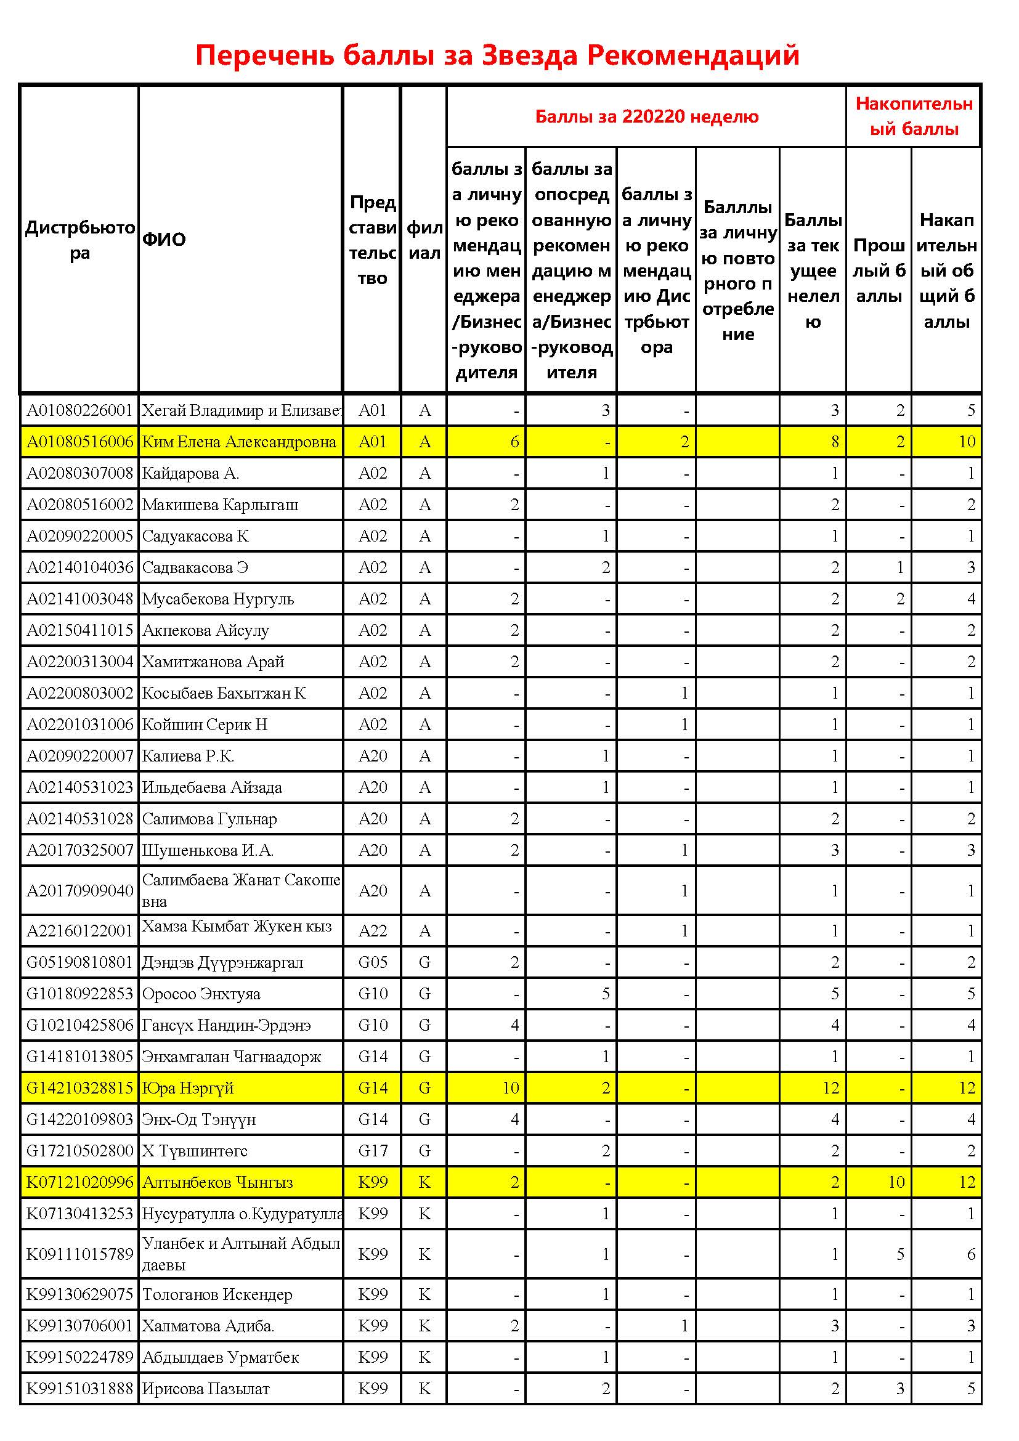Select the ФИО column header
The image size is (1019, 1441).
[x=164, y=239]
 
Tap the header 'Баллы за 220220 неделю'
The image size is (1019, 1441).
[x=646, y=116]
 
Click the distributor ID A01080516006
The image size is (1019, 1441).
[x=79, y=442]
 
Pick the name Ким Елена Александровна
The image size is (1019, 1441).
[x=238, y=442]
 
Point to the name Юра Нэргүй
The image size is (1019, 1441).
[x=188, y=1087]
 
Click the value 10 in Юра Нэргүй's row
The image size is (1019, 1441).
[x=510, y=1087]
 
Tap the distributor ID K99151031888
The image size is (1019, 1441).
[x=79, y=1388]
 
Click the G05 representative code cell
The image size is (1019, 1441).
[x=373, y=962]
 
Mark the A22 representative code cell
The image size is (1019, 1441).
[x=373, y=931]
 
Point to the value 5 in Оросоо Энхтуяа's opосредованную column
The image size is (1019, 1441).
[x=605, y=994]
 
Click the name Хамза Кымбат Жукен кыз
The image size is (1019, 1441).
[x=237, y=927]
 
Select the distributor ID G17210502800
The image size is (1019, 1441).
[x=79, y=1150]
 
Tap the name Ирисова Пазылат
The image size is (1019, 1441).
[x=206, y=1388]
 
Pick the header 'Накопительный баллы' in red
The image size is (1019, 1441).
[x=914, y=116]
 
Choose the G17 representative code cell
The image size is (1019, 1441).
[x=373, y=1150]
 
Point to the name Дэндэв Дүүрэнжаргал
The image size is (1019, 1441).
[x=222, y=962]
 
